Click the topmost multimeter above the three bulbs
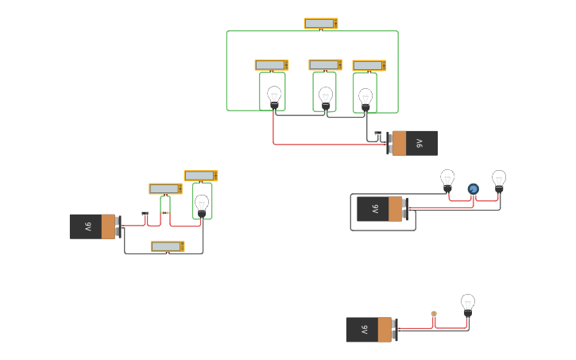coord(321,24)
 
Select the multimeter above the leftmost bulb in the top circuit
coord(272,65)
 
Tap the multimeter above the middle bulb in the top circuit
coord(326,65)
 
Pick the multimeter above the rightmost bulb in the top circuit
coord(369,66)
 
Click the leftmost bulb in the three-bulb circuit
coord(274,97)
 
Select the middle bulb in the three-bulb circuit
coord(326,98)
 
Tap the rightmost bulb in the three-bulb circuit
coord(365,99)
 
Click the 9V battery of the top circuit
coord(413,143)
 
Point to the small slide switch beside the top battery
coord(378,134)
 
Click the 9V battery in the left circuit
coord(94,226)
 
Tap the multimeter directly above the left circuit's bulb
coord(201,176)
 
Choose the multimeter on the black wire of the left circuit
coord(168,247)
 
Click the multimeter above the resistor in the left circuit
coord(166,189)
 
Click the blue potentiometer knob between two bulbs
coord(474,189)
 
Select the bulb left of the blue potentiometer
coord(447,180)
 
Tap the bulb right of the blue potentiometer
coord(499,180)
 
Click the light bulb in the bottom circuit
coord(468,305)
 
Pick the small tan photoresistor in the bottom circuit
coord(434,314)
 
